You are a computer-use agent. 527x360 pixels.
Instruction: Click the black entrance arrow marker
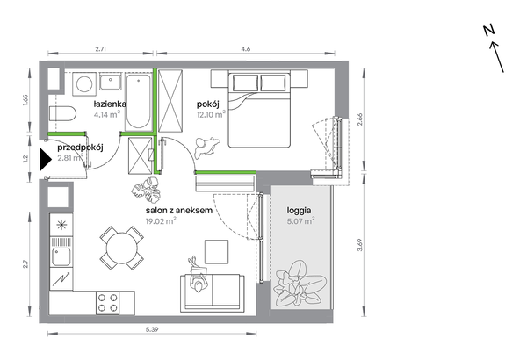point(46,160)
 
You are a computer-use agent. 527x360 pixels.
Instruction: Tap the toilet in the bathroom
point(62,113)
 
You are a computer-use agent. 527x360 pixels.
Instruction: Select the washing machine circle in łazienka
point(84,83)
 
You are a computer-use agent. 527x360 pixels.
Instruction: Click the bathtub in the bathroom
point(138,102)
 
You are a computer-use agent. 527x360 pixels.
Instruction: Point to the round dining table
point(122,248)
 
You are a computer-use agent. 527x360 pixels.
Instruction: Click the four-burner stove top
point(108,303)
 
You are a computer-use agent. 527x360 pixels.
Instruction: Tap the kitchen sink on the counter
point(61,256)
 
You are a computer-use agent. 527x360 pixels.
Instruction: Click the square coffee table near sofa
point(217,252)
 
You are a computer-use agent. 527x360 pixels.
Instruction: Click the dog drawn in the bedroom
point(206,148)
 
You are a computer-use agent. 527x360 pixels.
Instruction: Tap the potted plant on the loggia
point(300,283)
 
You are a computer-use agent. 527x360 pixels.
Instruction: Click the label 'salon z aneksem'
point(179,211)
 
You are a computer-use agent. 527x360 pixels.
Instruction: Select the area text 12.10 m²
point(211,114)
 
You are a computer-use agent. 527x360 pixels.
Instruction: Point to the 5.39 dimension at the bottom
point(152,329)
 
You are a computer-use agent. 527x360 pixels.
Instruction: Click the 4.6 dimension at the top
point(246,49)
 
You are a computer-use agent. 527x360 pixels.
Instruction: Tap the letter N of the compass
point(489,31)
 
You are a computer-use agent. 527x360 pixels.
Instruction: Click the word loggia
point(299,211)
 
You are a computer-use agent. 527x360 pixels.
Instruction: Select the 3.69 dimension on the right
point(360,245)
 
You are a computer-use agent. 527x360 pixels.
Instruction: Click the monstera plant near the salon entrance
point(147,190)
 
